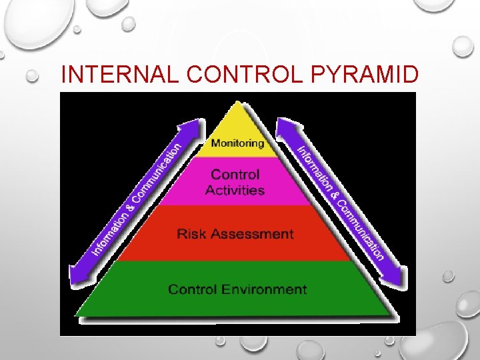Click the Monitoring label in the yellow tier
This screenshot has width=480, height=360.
(x=237, y=143)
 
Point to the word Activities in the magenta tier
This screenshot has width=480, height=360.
(x=235, y=190)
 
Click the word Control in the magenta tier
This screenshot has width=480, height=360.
(x=235, y=175)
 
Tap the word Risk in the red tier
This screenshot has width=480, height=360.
(x=191, y=234)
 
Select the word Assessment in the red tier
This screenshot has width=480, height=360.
(x=251, y=234)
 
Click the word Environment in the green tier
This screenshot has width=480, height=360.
(x=265, y=289)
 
